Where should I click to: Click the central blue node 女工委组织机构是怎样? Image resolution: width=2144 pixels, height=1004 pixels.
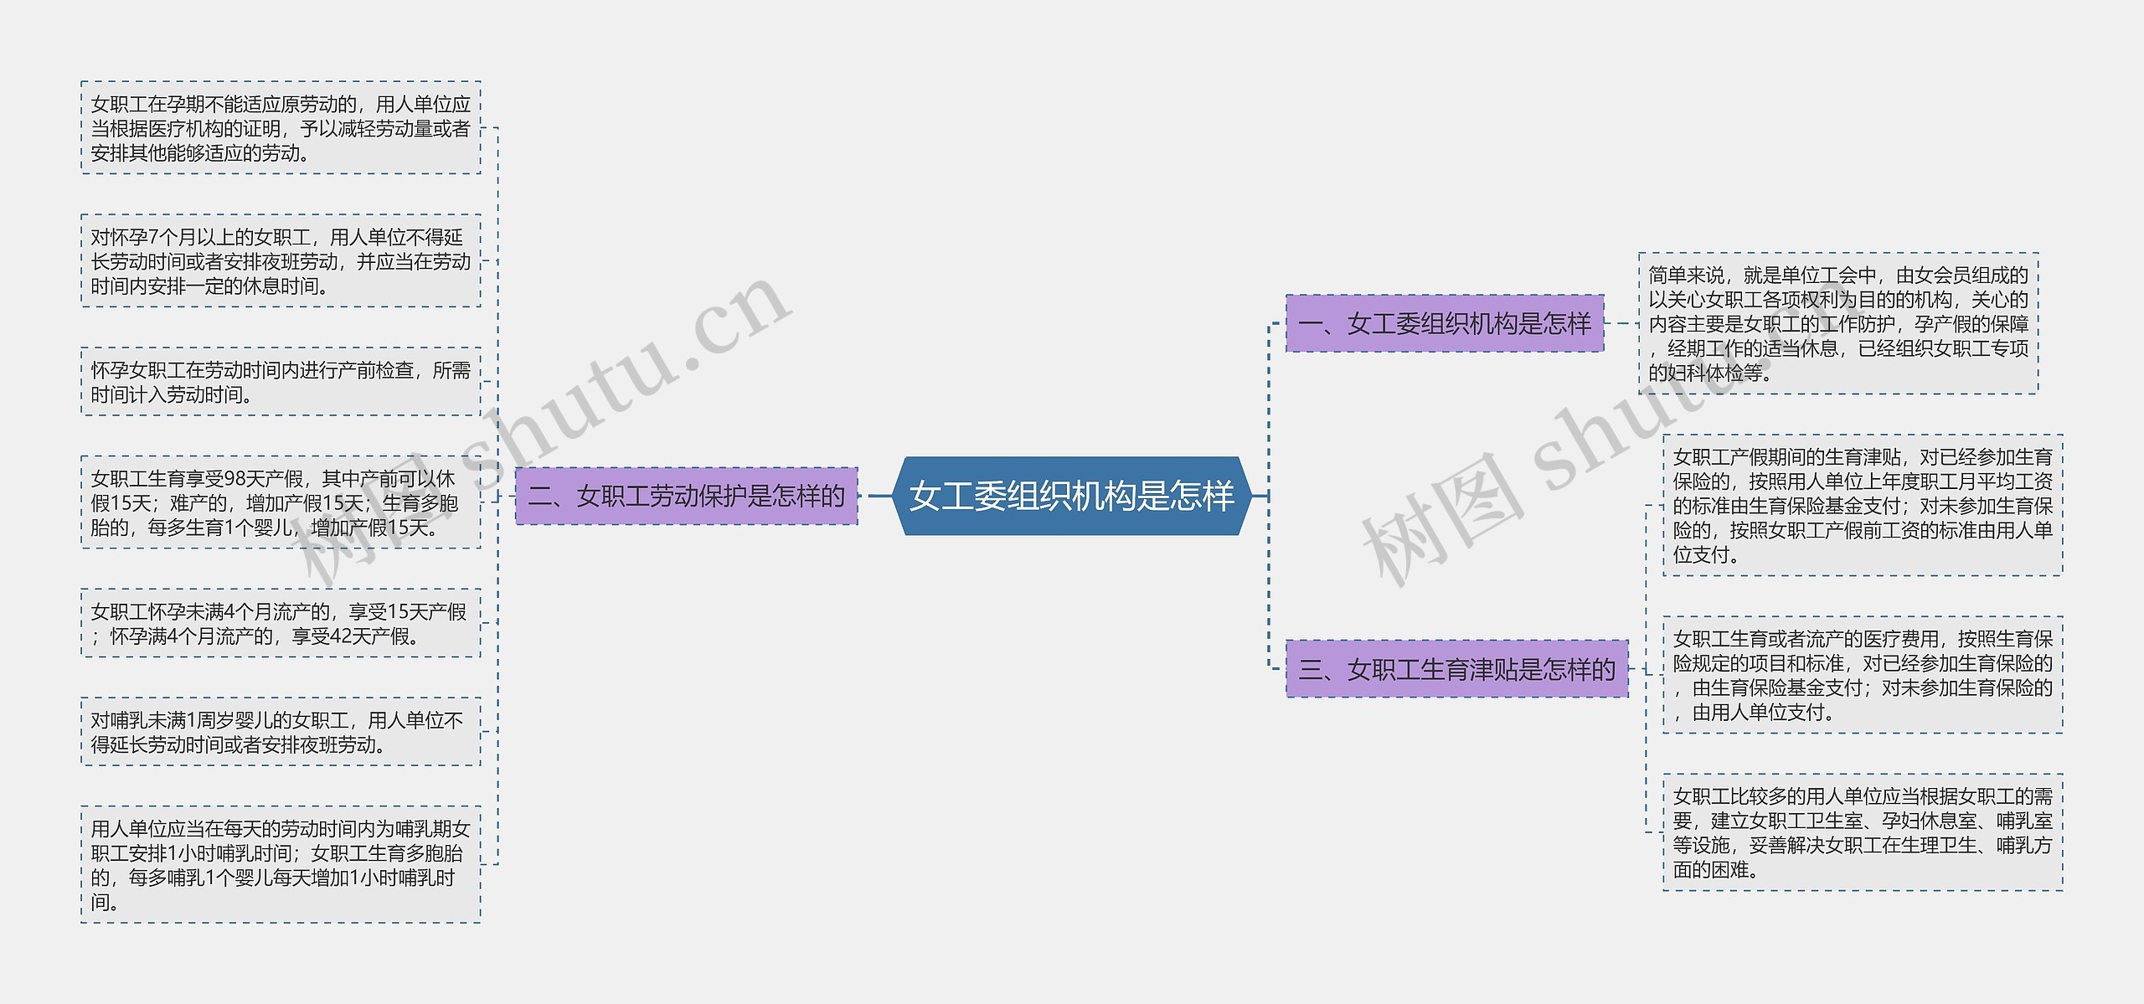click(1071, 496)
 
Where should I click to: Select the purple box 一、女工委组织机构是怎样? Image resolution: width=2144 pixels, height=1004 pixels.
click(1445, 323)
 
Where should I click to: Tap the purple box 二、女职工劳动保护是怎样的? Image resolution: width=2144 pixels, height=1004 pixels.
click(687, 497)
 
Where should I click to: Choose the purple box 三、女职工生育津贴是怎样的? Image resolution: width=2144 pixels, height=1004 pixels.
click(1456, 669)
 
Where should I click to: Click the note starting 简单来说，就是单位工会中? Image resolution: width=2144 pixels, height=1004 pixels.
click(1838, 323)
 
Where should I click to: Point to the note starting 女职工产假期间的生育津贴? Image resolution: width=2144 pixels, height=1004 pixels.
click(1863, 505)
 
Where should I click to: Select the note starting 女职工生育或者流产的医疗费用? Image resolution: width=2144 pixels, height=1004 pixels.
click(1863, 675)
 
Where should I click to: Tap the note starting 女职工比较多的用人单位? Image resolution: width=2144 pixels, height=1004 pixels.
click(1863, 832)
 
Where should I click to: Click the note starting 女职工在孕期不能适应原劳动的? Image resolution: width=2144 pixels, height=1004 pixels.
click(281, 128)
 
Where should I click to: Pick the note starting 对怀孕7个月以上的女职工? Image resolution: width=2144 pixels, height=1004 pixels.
click(281, 261)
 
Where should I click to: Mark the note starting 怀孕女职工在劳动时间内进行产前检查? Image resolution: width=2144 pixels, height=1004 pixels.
click(281, 382)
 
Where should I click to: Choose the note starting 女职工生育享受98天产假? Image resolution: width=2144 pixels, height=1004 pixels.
click(281, 502)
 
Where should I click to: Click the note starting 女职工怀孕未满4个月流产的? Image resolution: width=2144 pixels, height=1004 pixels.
click(281, 624)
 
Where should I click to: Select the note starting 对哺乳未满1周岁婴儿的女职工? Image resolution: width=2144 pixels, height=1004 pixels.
click(281, 732)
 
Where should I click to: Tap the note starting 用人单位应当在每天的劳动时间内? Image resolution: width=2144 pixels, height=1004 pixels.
click(281, 864)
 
